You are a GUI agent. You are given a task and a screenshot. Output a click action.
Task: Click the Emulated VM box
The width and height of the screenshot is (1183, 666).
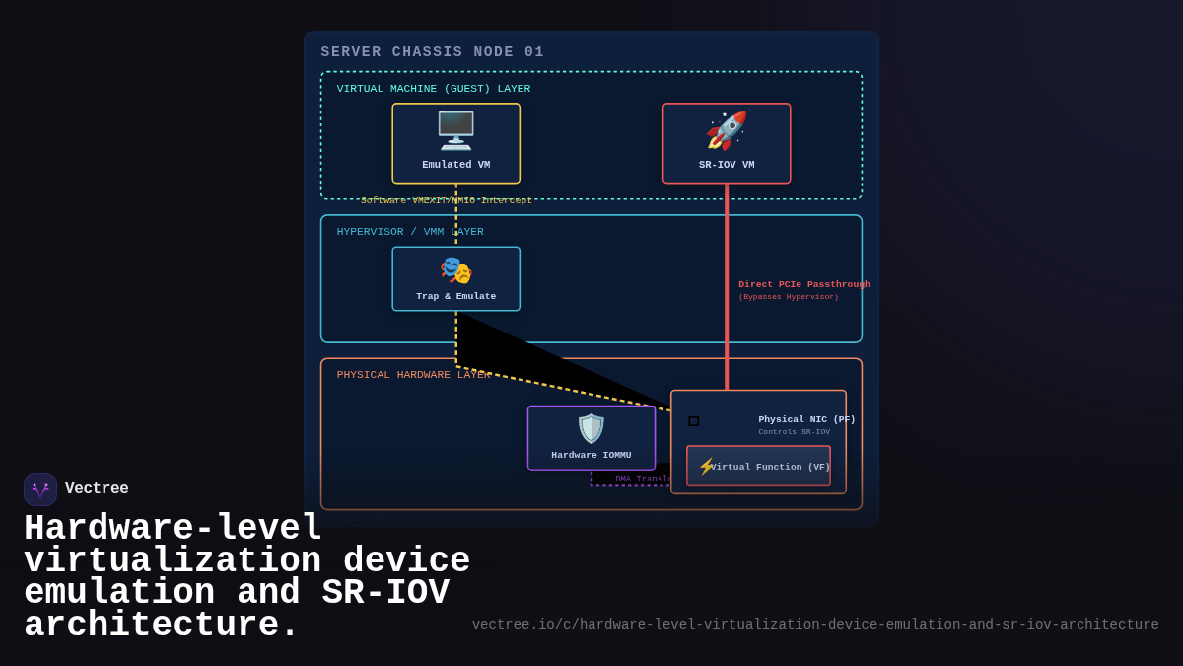455,144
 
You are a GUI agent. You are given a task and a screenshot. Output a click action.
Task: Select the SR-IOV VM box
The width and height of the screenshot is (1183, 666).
727,144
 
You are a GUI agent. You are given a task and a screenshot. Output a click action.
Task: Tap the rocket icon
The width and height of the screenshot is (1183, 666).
727,130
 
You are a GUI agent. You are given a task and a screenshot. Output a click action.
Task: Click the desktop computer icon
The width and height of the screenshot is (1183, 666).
455,130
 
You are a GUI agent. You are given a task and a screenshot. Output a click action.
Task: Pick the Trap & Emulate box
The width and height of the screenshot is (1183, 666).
455,279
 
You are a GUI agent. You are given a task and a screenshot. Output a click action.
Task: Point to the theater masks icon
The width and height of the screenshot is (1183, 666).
455,269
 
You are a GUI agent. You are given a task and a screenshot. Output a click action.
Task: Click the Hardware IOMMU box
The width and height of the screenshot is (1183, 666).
591,438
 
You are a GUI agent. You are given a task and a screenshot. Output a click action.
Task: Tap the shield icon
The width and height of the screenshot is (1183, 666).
591,428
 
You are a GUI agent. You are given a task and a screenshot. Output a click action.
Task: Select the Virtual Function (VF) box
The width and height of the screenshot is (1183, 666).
758,466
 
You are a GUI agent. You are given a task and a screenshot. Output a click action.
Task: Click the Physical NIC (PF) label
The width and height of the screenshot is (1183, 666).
806,419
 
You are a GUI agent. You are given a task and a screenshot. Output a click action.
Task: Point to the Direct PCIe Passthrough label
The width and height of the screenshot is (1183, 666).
803,284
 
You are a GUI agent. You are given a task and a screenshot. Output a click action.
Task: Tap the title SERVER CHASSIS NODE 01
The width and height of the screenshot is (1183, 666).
432,52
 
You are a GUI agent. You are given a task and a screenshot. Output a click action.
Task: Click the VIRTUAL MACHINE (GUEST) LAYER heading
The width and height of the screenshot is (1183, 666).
433,89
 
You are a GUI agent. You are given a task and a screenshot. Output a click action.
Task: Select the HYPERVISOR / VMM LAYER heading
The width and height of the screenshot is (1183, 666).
410,232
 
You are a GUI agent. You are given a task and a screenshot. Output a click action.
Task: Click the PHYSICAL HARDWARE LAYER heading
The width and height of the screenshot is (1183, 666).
413,375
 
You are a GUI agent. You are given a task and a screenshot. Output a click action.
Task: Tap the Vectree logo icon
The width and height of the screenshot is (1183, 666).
40,489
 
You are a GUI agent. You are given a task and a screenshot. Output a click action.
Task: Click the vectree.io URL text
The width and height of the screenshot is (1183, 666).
814,625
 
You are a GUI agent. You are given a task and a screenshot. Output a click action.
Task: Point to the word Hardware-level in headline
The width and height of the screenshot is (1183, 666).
173,529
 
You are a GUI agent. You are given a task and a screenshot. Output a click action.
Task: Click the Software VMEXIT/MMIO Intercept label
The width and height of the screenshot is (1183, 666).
446,200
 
